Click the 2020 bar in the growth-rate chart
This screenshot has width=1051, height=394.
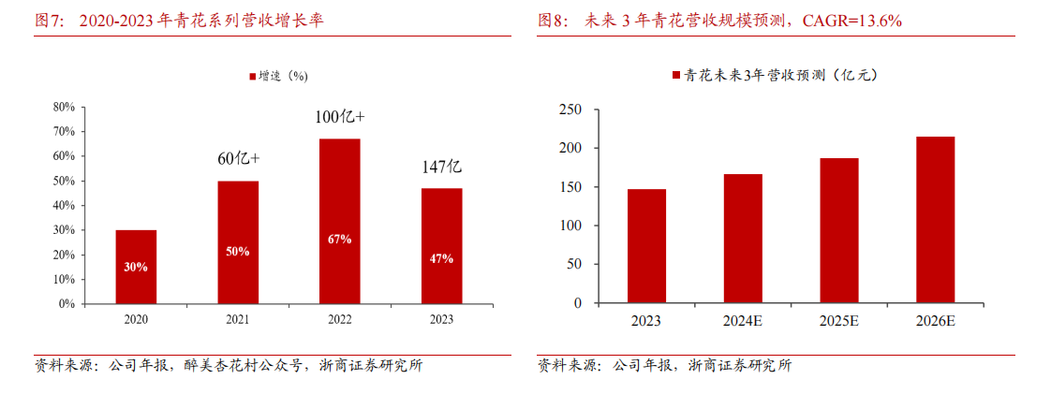coord(136,267)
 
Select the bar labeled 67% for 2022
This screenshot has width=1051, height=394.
coord(339,221)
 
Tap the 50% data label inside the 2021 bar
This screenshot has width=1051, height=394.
coord(238,252)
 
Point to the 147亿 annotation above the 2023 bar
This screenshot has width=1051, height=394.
coord(441,168)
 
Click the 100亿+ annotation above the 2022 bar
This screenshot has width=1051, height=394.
coord(339,117)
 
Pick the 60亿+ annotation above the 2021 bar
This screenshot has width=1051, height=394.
coord(238,158)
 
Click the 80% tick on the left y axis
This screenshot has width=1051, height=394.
coord(64,107)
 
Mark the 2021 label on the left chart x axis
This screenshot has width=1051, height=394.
coord(238,320)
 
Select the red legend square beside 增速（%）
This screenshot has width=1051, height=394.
coord(252,76)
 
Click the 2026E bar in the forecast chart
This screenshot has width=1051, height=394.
coord(935,220)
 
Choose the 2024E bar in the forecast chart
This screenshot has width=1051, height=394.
coord(743,239)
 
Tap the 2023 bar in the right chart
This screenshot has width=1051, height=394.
coord(646,246)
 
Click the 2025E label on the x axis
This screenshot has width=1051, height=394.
coord(839,322)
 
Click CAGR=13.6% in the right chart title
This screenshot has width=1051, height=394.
coord(853,20)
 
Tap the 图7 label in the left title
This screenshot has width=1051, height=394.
coord(49,20)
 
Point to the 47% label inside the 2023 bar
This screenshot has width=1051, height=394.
coord(441,258)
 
